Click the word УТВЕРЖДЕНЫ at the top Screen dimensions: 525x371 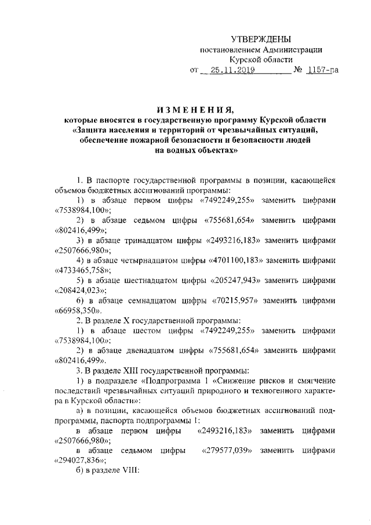click(x=261, y=39)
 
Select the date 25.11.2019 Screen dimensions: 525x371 click(x=229, y=71)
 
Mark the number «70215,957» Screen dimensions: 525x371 click(x=230, y=300)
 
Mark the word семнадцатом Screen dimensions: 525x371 click(x=151, y=300)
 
